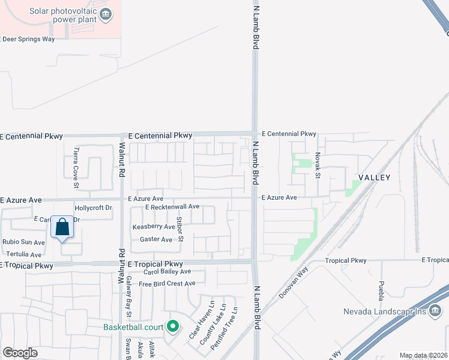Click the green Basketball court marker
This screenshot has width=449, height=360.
tap(173, 327)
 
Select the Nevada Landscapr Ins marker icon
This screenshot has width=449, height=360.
tap(435, 312)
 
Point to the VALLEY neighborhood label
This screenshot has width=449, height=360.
tap(375, 178)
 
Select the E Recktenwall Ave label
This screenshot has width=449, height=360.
tap(172, 207)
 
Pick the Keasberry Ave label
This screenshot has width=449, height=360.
tap(153, 227)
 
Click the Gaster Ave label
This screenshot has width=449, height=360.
tap(155, 239)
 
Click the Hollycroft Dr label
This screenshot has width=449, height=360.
tap(93, 208)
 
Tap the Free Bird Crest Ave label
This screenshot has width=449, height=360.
tap(167, 284)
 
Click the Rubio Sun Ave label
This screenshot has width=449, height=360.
tap(23, 242)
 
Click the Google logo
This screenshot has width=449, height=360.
tap(20, 353)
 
